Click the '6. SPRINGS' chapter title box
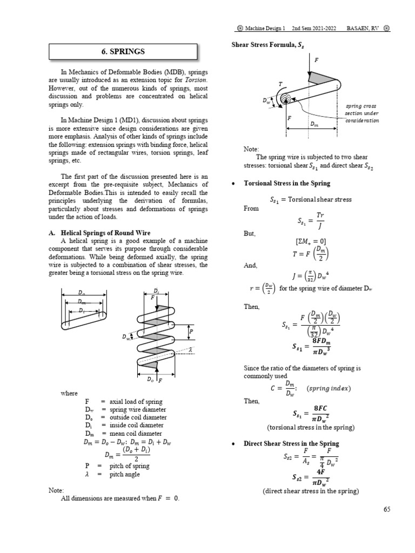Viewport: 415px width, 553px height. pyautogui.click(x=123, y=52)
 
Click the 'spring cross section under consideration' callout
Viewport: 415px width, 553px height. pyautogui.click(x=362, y=113)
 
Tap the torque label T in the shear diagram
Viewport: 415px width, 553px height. pyautogui.click(x=280, y=84)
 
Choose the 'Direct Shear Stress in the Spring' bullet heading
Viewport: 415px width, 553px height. pyautogui.click(x=291, y=443)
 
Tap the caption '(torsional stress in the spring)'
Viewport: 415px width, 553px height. pyautogui.click(x=311, y=427)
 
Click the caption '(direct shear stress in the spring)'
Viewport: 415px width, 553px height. pyautogui.click(x=310, y=491)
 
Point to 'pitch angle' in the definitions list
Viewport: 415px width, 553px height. pyautogui.click(x=125, y=474)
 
